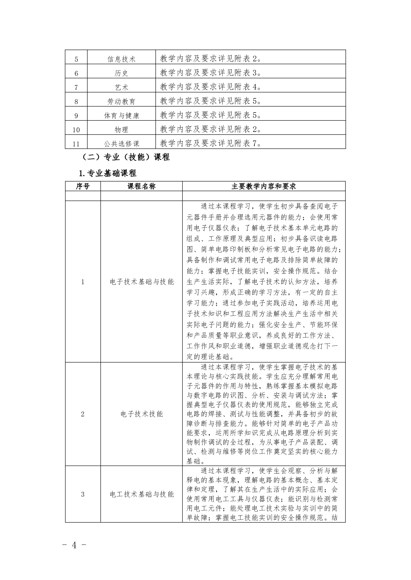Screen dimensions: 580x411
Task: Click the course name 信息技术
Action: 121,59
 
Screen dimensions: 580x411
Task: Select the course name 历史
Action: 121,73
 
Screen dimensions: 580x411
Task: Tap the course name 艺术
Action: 121,87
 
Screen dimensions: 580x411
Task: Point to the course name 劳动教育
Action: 121,102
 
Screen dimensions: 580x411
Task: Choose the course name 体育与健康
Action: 121,116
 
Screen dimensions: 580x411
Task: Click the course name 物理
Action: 121,130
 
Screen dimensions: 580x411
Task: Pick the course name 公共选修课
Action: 121,144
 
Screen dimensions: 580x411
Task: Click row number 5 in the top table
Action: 76,59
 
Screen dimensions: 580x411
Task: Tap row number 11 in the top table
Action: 76,144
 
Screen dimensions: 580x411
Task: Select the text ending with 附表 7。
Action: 211,143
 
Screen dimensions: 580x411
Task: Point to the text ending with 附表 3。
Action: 211,73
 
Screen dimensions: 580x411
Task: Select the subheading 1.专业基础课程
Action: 108,173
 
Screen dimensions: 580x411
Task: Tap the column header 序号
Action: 83,186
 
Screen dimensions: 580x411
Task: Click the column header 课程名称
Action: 141,186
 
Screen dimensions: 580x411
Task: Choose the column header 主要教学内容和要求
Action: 264,186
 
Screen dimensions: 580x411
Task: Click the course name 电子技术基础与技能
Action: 141,282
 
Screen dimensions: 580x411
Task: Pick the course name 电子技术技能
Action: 141,414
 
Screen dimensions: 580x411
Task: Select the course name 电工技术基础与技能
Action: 141,494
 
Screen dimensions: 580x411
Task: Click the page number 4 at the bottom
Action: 74,545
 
